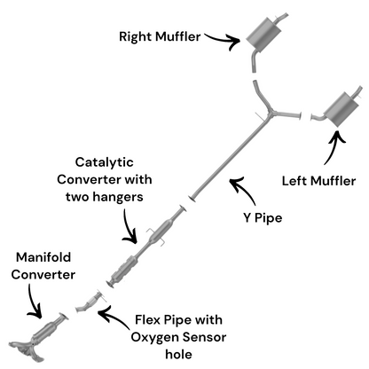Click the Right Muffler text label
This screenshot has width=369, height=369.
[x=160, y=36]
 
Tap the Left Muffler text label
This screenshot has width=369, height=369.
[x=318, y=181]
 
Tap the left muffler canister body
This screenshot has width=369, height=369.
[x=340, y=110]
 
